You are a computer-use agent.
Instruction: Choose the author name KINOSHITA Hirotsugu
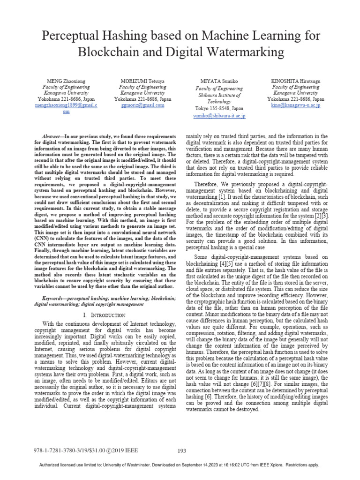(296, 81)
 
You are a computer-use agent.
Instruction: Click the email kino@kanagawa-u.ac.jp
(296, 105)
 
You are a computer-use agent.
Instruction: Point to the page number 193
(182, 451)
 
